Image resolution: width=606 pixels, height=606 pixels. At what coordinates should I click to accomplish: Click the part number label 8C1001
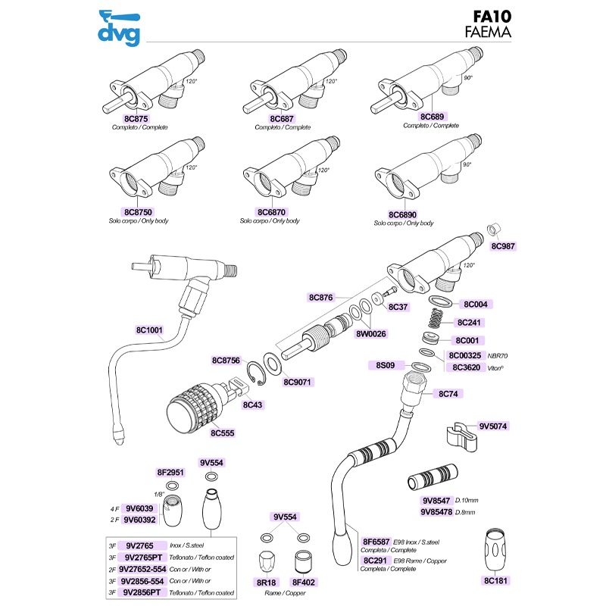coord(151,330)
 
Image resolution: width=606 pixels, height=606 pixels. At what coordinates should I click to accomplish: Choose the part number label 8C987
coord(501,245)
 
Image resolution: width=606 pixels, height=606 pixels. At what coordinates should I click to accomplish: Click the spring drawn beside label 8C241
coord(436,319)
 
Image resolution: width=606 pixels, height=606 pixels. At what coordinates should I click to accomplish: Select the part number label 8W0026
coord(371,334)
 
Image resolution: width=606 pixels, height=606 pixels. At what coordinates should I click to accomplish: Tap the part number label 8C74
coord(451,394)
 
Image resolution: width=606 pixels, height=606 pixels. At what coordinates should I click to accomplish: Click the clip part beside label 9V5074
coord(458,436)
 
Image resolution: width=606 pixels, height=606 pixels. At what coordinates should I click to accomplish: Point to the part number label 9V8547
coord(436,501)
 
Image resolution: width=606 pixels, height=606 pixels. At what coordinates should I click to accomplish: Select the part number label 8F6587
coord(376,542)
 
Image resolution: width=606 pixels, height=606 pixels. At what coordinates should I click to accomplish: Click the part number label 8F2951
coord(171,472)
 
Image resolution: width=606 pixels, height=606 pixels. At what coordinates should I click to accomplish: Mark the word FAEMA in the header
coord(488,33)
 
